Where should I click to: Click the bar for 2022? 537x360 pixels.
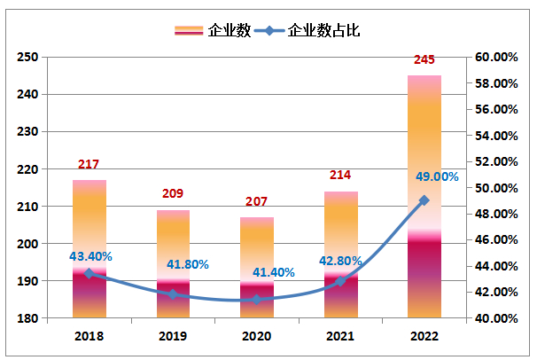click(x=424, y=196)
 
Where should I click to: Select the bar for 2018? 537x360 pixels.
click(x=89, y=248)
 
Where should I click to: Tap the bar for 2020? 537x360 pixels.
click(x=256, y=267)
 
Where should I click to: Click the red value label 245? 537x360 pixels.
click(x=424, y=60)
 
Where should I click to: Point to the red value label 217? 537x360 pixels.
click(x=89, y=164)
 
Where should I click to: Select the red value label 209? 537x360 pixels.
click(x=173, y=194)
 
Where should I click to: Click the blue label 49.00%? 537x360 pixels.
click(x=437, y=176)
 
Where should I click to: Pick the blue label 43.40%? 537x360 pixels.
click(x=90, y=256)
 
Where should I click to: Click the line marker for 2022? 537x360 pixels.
click(x=424, y=200)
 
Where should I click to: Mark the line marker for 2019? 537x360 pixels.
click(x=173, y=294)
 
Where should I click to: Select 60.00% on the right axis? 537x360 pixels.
click(x=495, y=57)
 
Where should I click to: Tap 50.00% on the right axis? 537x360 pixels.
click(x=495, y=188)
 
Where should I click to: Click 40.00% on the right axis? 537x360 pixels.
click(x=495, y=318)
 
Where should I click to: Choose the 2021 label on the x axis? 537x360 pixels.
click(x=340, y=336)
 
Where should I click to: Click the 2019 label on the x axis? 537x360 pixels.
click(x=173, y=336)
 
